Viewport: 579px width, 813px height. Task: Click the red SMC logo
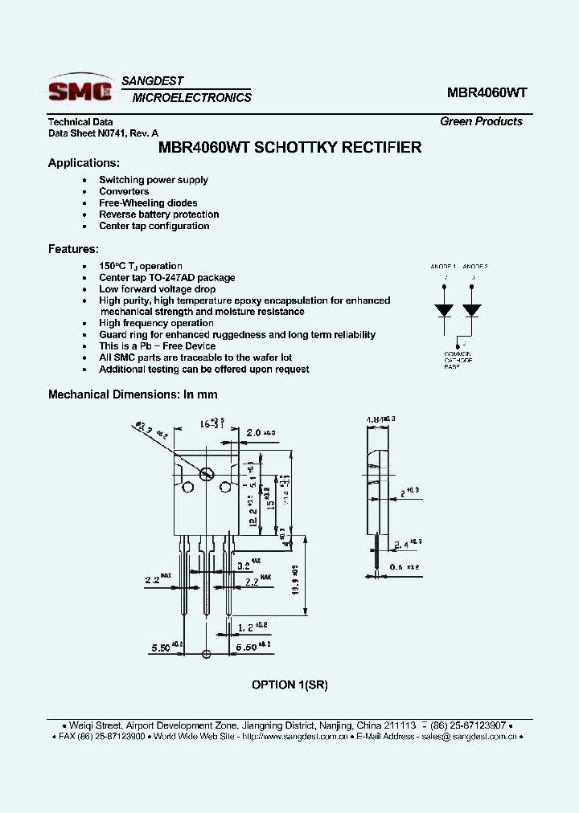click(80, 91)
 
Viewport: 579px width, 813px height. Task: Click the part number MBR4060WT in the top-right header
click(487, 92)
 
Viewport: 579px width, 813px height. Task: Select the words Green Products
click(481, 121)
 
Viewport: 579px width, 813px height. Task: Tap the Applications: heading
click(84, 163)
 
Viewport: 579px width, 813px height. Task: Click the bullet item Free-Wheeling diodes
click(148, 203)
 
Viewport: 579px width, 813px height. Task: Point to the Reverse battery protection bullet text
click(158, 214)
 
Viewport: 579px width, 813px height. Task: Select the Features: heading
click(73, 249)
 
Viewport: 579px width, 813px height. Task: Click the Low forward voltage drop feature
click(157, 289)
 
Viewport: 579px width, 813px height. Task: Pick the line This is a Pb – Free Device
click(157, 346)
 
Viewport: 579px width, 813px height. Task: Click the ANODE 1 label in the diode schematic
click(442, 266)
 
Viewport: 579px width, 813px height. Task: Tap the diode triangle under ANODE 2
click(472, 309)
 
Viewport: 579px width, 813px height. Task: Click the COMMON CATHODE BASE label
click(458, 360)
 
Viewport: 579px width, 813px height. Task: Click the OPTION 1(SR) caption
click(289, 684)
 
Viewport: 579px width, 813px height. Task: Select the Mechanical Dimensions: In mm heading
click(133, 394)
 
